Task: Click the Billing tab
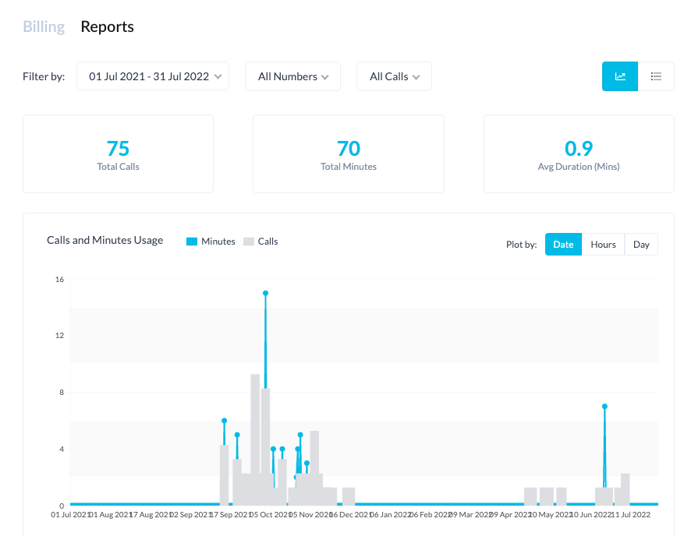tap(44, 26)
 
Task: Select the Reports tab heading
tap(108, 26)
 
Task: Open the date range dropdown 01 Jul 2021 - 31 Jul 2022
tap(153, 76)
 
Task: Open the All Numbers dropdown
tap(292, 76)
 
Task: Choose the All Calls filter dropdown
tap(394, 76)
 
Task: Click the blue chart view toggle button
tap(620, 76)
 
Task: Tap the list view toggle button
tap(656, 76)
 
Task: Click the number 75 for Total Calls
tap(118, 148)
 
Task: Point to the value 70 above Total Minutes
tap(349, 148)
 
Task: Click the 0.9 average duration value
tap(579, 148)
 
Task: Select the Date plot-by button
tap(563, 245)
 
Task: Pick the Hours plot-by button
tap(603, 245)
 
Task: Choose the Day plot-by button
tap(641, 245)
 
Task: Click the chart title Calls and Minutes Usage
tap(105, 241)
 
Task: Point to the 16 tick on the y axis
tap(59, 279)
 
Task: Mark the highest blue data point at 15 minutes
tap(266, 293)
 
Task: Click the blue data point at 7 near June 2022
tap(604, 407)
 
